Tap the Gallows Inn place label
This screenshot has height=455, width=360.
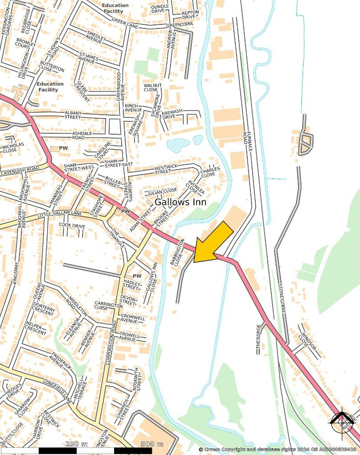coord(180,202)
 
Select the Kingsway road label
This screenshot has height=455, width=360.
coord(16,273)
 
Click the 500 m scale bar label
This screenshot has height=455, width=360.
coord(152,444)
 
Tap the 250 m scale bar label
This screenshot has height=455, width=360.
coord(77,444)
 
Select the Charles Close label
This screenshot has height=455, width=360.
coord(210,172)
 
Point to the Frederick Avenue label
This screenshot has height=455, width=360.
coord(61,360)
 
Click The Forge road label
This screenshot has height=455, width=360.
coord(259,339)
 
